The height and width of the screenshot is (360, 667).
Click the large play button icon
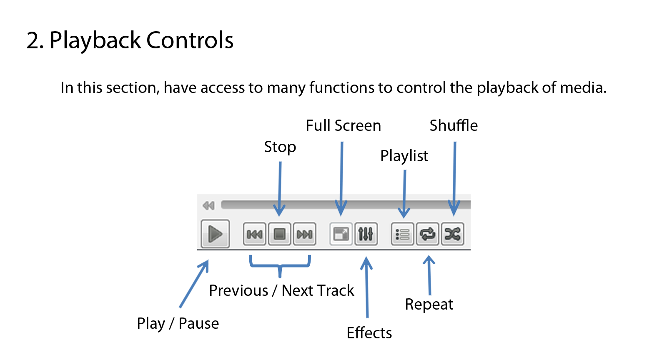point(215,234)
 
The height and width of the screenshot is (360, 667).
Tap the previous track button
point(254,234)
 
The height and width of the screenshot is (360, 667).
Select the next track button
point(305,234)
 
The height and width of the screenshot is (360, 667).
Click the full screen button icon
point(341,234)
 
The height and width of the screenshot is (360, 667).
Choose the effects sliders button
point(366,234)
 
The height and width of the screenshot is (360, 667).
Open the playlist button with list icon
point(402,234)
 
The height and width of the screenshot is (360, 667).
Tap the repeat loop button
point(428,234)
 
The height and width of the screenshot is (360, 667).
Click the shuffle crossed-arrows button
point(453,234)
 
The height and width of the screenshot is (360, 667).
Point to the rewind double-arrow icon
point(208,205)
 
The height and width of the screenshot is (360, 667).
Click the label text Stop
point(280,147)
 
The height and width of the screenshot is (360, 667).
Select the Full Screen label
point(344,125)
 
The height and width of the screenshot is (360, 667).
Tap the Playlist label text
point(404,156)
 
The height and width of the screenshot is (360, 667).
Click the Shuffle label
point(454,125)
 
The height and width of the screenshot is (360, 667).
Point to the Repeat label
point(429,305)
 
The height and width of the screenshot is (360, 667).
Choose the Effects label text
point(369,332)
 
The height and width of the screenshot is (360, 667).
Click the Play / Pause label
point(178,323)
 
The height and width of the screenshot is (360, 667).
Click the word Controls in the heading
point(190,40)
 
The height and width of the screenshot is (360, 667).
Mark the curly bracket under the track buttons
point(280,265)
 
